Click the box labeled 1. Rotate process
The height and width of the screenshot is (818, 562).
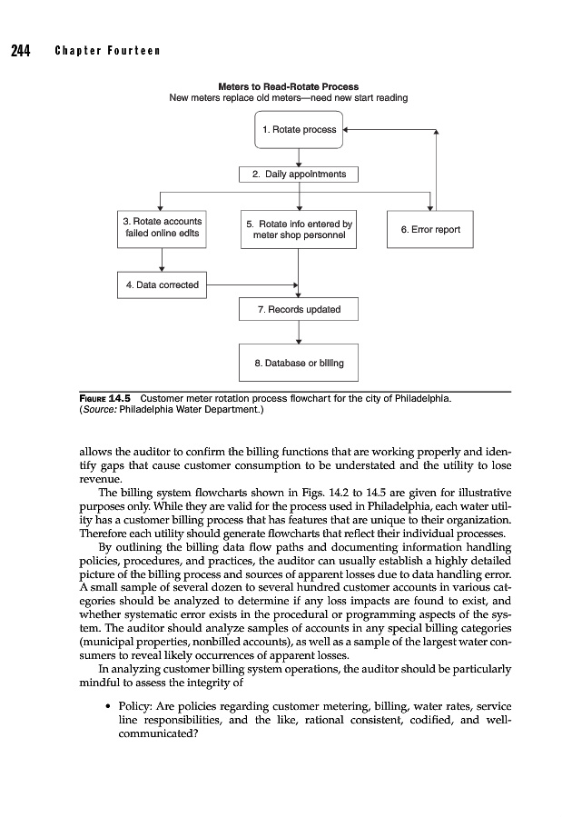[299, 130]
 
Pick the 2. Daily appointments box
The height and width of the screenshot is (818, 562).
[299, 174]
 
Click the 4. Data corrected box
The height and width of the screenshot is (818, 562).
[163, 284]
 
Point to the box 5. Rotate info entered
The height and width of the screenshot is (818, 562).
[299, 231]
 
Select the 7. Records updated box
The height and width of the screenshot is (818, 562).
[299, 310]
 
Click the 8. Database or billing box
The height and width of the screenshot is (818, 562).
[299, 364]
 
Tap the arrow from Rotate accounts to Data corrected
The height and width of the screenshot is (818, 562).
[162, 260]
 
